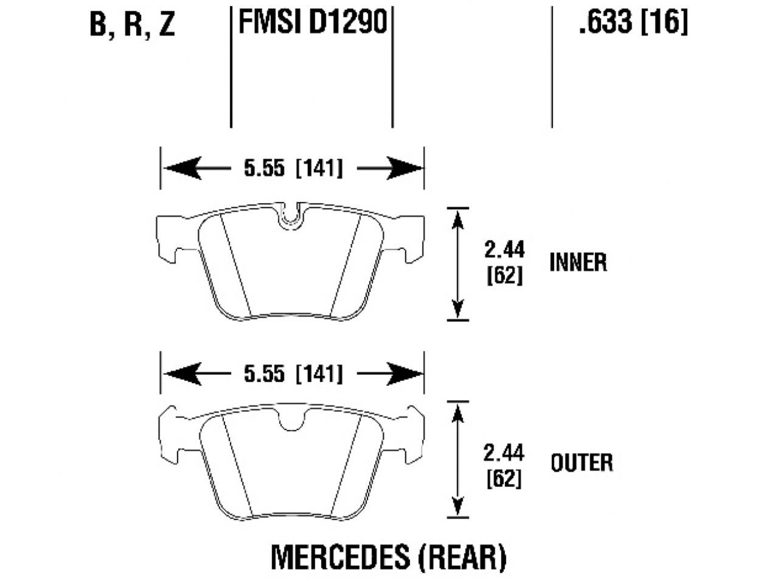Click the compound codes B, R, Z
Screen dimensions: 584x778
coord(132,24)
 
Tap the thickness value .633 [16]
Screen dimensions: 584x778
coord(633,23)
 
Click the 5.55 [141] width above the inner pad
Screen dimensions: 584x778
coord(293,168)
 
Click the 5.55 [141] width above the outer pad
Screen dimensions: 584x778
coord(293,374)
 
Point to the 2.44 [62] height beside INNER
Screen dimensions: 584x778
coord(504,262)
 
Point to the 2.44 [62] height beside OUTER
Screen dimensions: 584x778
coord(504,465)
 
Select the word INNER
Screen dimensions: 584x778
coord(578,262)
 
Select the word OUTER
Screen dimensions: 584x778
coord(582,463)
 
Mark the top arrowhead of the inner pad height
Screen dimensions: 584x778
coord(457,220)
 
